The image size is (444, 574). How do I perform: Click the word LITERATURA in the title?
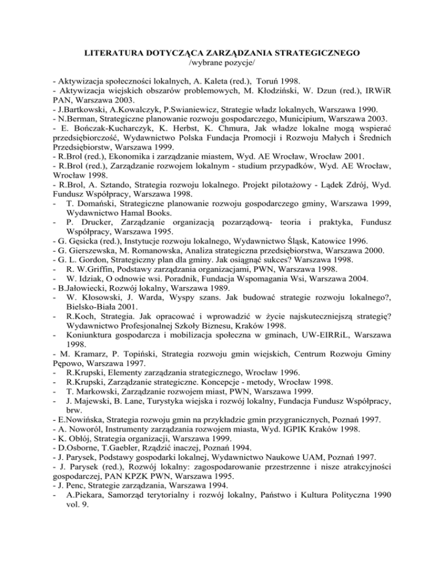coord(113,53)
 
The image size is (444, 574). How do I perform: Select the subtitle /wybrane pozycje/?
coord(221,64)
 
